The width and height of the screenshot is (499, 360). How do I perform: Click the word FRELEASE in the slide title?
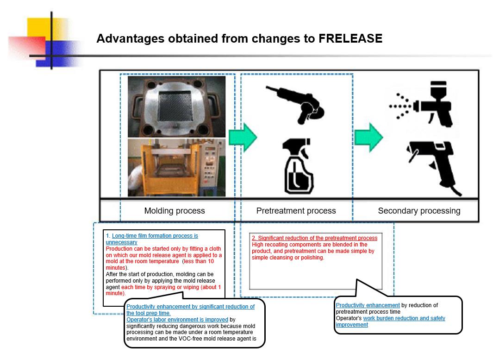(x=350, y=39)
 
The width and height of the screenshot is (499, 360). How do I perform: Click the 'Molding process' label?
(x=175, y=211)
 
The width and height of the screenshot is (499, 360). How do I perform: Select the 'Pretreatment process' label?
(x=296, y=211)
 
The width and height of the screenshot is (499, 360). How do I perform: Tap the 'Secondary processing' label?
(x=419, y=211)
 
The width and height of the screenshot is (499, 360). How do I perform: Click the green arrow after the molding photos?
(x=243, y=137)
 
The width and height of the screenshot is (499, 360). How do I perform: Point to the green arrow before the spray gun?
(x=368, y=137)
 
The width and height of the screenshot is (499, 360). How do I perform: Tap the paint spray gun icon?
(x=422, y=104)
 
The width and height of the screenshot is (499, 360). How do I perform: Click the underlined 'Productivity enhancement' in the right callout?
(x=368, y=305)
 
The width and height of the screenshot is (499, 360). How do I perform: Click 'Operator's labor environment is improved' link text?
(x=177, y=320)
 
